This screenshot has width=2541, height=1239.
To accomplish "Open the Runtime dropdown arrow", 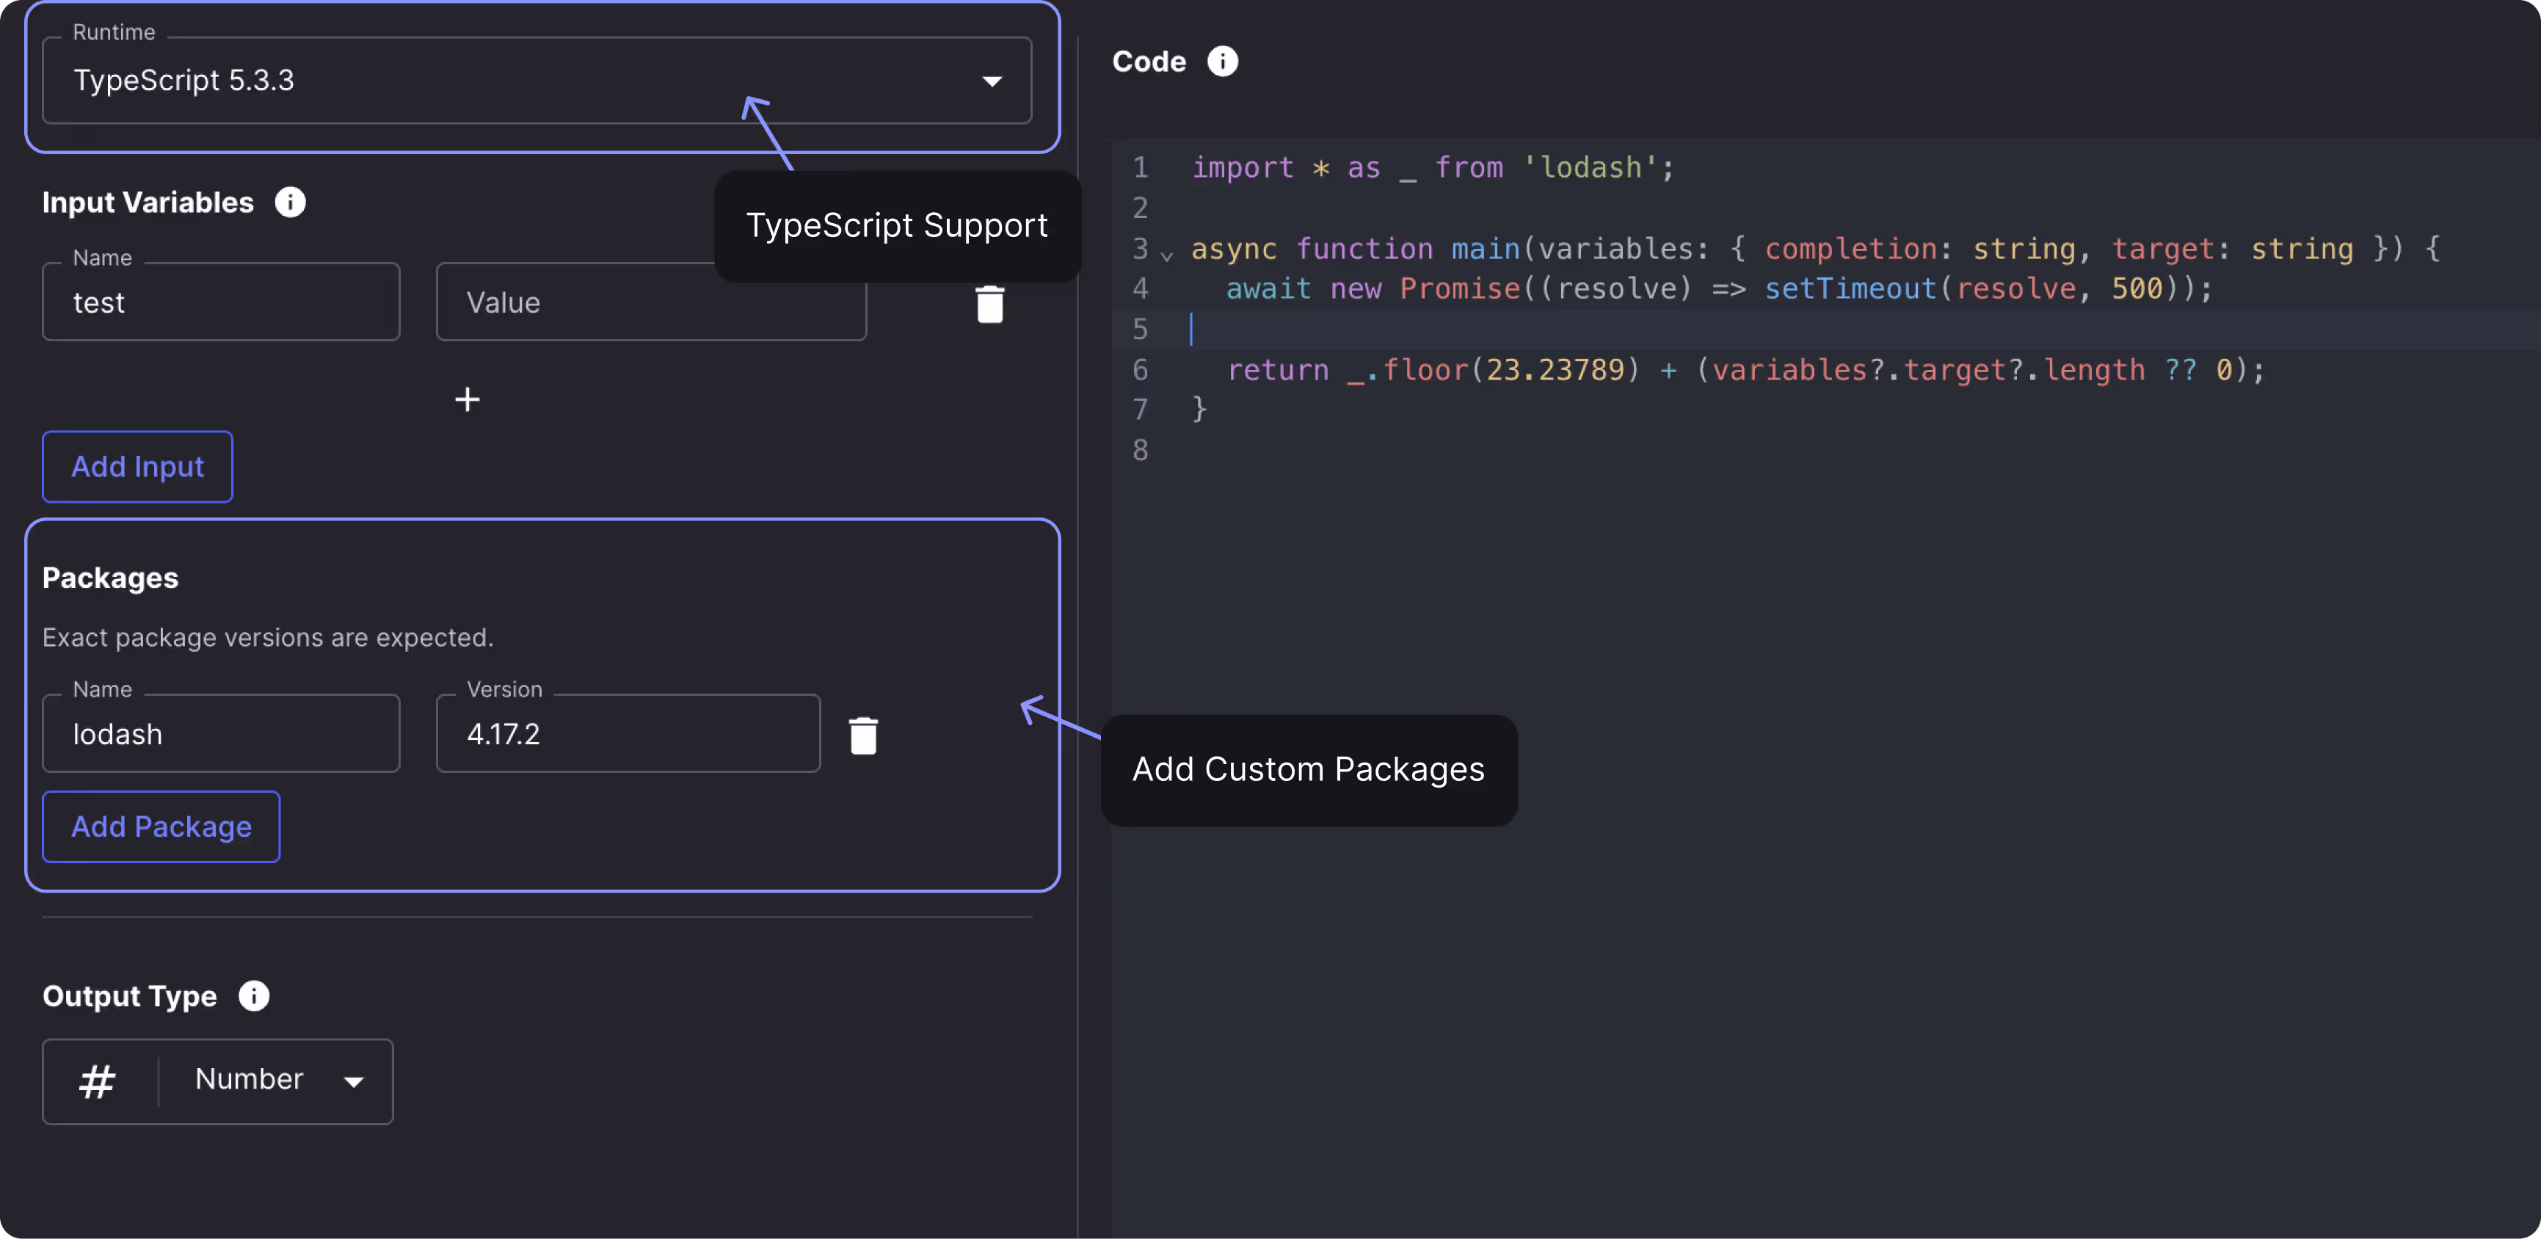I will [x=992, y=81].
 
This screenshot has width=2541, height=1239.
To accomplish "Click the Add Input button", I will [x=137, y=467].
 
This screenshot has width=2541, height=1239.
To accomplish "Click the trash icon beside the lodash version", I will [x=863, y=735].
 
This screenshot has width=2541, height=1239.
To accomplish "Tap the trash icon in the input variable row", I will [x=989, y=304].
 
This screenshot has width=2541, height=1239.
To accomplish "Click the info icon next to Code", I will [x=1222, y=61].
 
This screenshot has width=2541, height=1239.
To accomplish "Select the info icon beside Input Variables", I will [x=290, y=203].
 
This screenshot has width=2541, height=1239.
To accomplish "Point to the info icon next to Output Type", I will [x=253, y=996].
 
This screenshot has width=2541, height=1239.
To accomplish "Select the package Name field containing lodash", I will [x=221, y=734].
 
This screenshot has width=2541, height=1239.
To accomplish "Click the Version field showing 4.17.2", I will [x=628, y=734].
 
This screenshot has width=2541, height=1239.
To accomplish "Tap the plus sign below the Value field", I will [x=467, y=399].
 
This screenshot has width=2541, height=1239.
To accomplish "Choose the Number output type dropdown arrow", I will [x=353, y=1081].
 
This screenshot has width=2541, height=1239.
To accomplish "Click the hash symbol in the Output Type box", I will [x=98, y=1081].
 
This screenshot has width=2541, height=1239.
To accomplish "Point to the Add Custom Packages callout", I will [x=1308, y=769].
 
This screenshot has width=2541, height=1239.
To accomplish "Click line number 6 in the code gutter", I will [x=1141, y=370].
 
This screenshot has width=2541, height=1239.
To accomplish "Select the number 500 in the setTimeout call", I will [x=2137, y=289].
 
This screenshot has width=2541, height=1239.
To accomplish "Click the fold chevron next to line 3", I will [x=1167, y=255].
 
